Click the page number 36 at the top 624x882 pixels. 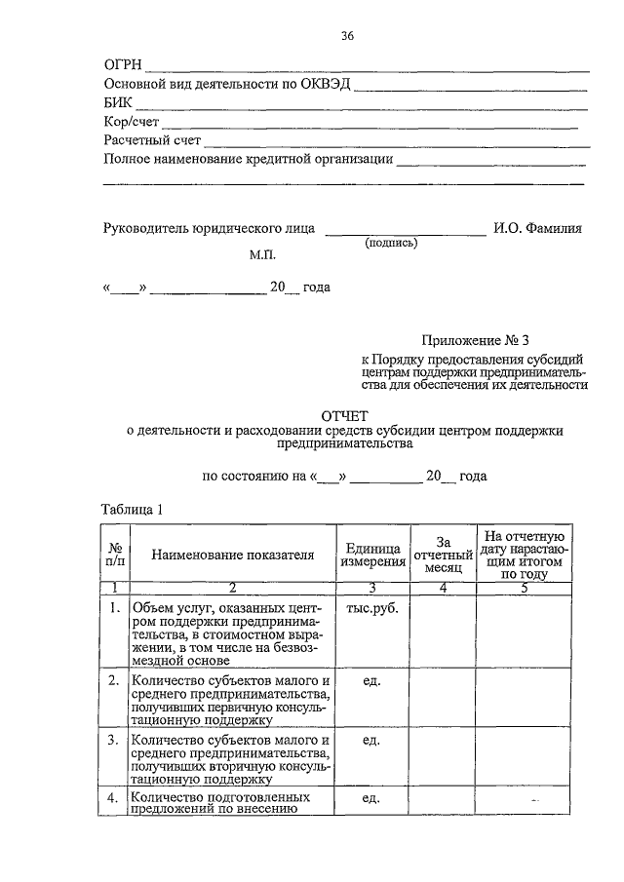346,37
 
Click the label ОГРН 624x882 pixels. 122,65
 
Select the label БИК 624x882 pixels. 118,103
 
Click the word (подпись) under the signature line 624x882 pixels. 390,245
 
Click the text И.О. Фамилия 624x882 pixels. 537,229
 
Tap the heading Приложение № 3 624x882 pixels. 474,340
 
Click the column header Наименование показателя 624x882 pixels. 232,555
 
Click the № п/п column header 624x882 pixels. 115,555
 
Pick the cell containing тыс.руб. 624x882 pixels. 370,609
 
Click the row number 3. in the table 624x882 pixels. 115,741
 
